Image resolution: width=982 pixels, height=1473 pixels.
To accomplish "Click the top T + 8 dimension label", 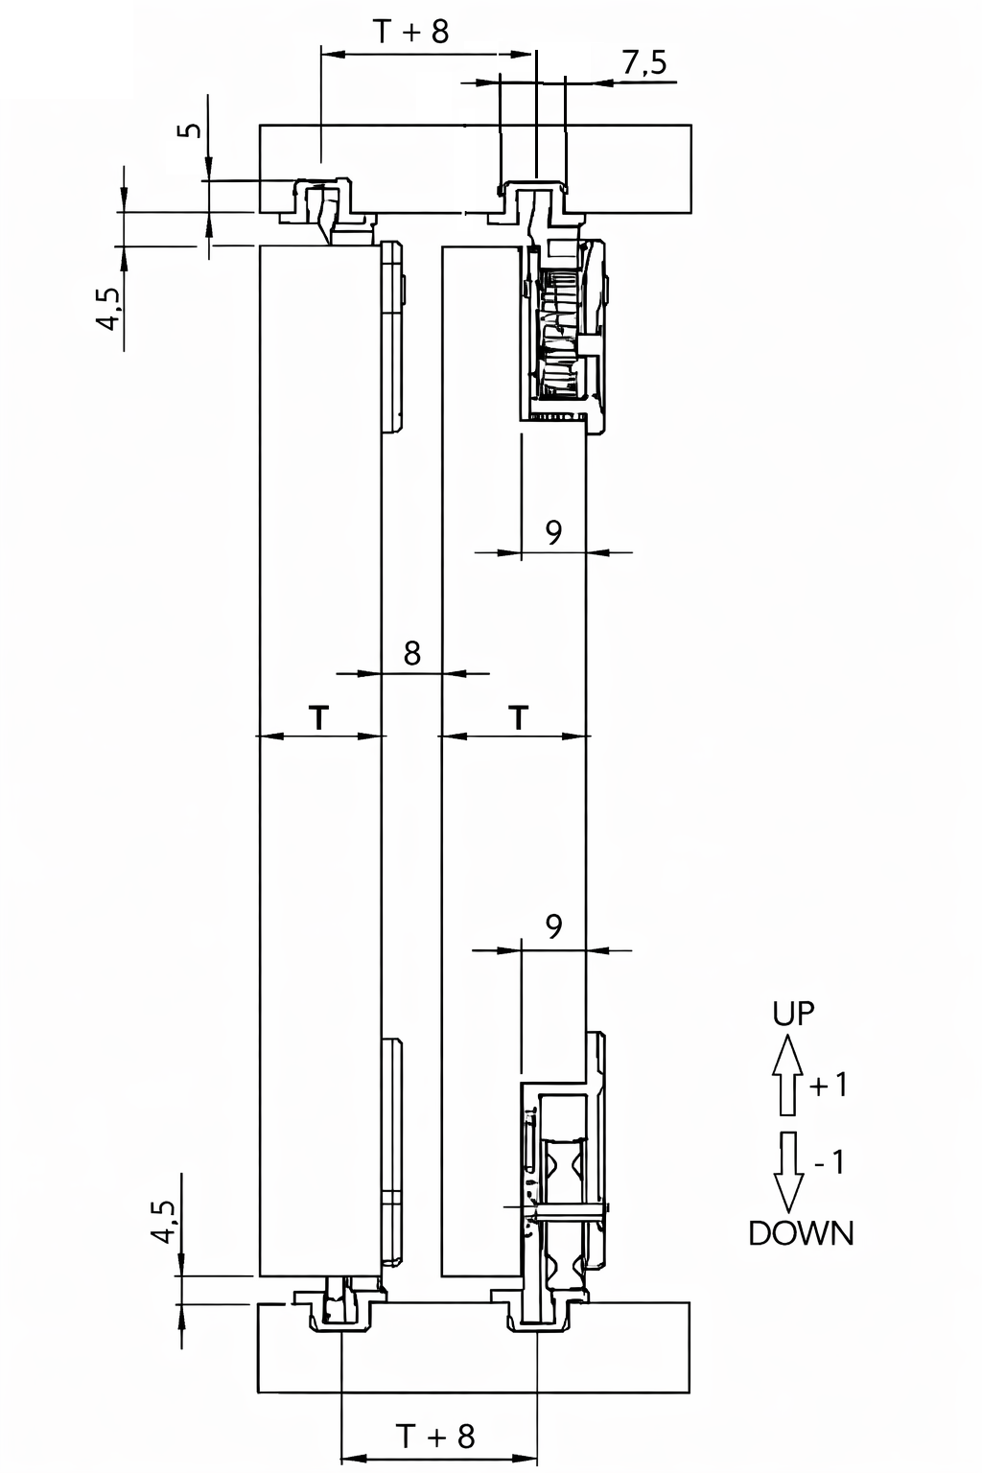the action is tap(411, 31).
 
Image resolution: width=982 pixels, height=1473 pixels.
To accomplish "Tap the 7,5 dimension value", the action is tap(644, 63).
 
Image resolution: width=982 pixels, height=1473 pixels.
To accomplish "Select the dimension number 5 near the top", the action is tap(192, 129).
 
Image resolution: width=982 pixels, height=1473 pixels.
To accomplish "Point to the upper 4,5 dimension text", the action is tap(111, 309).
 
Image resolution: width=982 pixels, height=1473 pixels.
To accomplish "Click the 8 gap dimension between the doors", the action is tap(411, 654).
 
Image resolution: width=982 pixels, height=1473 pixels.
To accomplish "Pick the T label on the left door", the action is tap(319, 717).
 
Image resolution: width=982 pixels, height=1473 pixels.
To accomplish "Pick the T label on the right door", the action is tap(520, 717).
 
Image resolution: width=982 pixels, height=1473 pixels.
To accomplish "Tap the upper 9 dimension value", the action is tap(554, 532).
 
